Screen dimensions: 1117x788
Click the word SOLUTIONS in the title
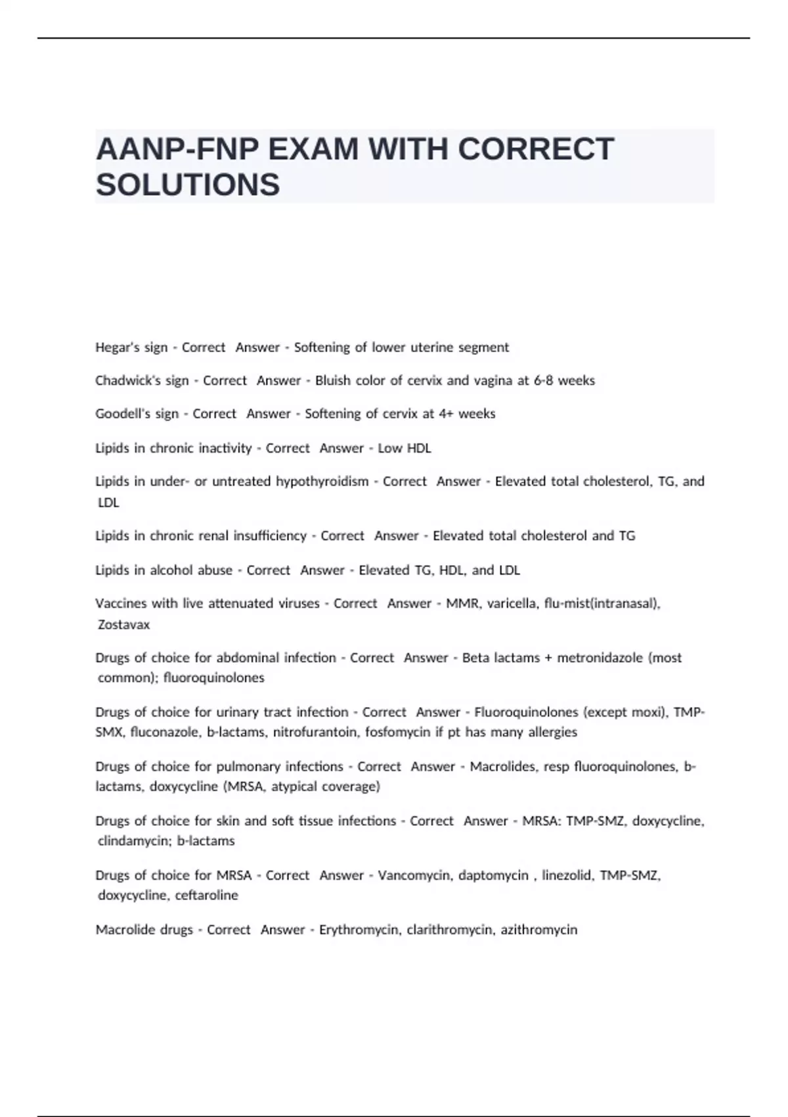[x=188, y=185]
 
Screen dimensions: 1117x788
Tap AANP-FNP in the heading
[x=177, y=149]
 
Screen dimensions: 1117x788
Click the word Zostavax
[x=123, y=625]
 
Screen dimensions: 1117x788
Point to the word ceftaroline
[x=206, y=896]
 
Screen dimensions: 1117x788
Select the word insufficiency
[x=270, y=536]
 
